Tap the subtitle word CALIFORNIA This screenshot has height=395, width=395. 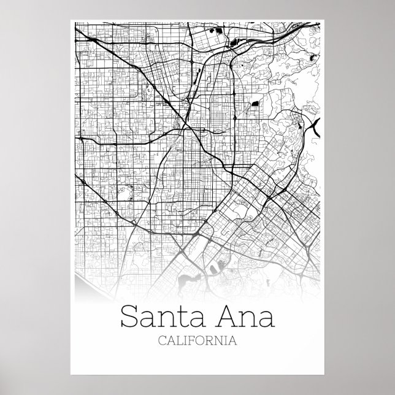coord(197,340)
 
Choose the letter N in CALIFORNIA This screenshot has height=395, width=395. coord(220,340)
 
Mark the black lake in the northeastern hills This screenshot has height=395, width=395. coord(315,57)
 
